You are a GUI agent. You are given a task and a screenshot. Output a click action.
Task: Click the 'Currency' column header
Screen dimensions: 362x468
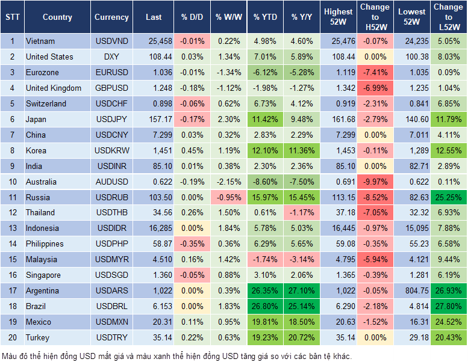(x=111, y=17)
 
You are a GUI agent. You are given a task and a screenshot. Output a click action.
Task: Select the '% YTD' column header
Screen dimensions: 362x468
(x=265, y=17)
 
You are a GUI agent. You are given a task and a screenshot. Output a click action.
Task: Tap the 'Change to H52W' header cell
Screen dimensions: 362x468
(x=375, y=17)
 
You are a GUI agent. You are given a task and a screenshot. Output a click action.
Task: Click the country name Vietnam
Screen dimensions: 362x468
(x=40, y=41)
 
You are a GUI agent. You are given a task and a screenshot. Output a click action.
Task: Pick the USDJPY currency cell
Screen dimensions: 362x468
(x=111, y=119)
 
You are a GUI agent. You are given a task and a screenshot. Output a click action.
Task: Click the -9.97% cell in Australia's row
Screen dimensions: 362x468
(x=375, y=182)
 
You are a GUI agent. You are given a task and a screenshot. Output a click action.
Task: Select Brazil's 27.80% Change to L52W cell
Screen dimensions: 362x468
(x=448, y=306)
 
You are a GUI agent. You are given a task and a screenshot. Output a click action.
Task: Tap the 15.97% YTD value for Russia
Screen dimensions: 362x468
(x=265, y=197)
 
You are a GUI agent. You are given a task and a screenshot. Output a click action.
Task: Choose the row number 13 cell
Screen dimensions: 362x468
(x=12, y=228)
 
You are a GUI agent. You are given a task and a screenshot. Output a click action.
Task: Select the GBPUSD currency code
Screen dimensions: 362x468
(x=111, y=88)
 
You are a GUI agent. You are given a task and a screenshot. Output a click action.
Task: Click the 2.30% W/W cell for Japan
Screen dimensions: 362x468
(x=228, y=119)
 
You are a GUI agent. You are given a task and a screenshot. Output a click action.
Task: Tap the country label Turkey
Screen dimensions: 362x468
(x=37, y=337)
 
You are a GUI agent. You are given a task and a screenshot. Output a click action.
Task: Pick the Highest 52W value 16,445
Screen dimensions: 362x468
(x=339, y=228)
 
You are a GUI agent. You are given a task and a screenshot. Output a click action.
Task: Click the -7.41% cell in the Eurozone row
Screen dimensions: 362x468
(x=375, y=73)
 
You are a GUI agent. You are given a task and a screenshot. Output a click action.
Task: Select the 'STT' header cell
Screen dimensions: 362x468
(x=12, y=17)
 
